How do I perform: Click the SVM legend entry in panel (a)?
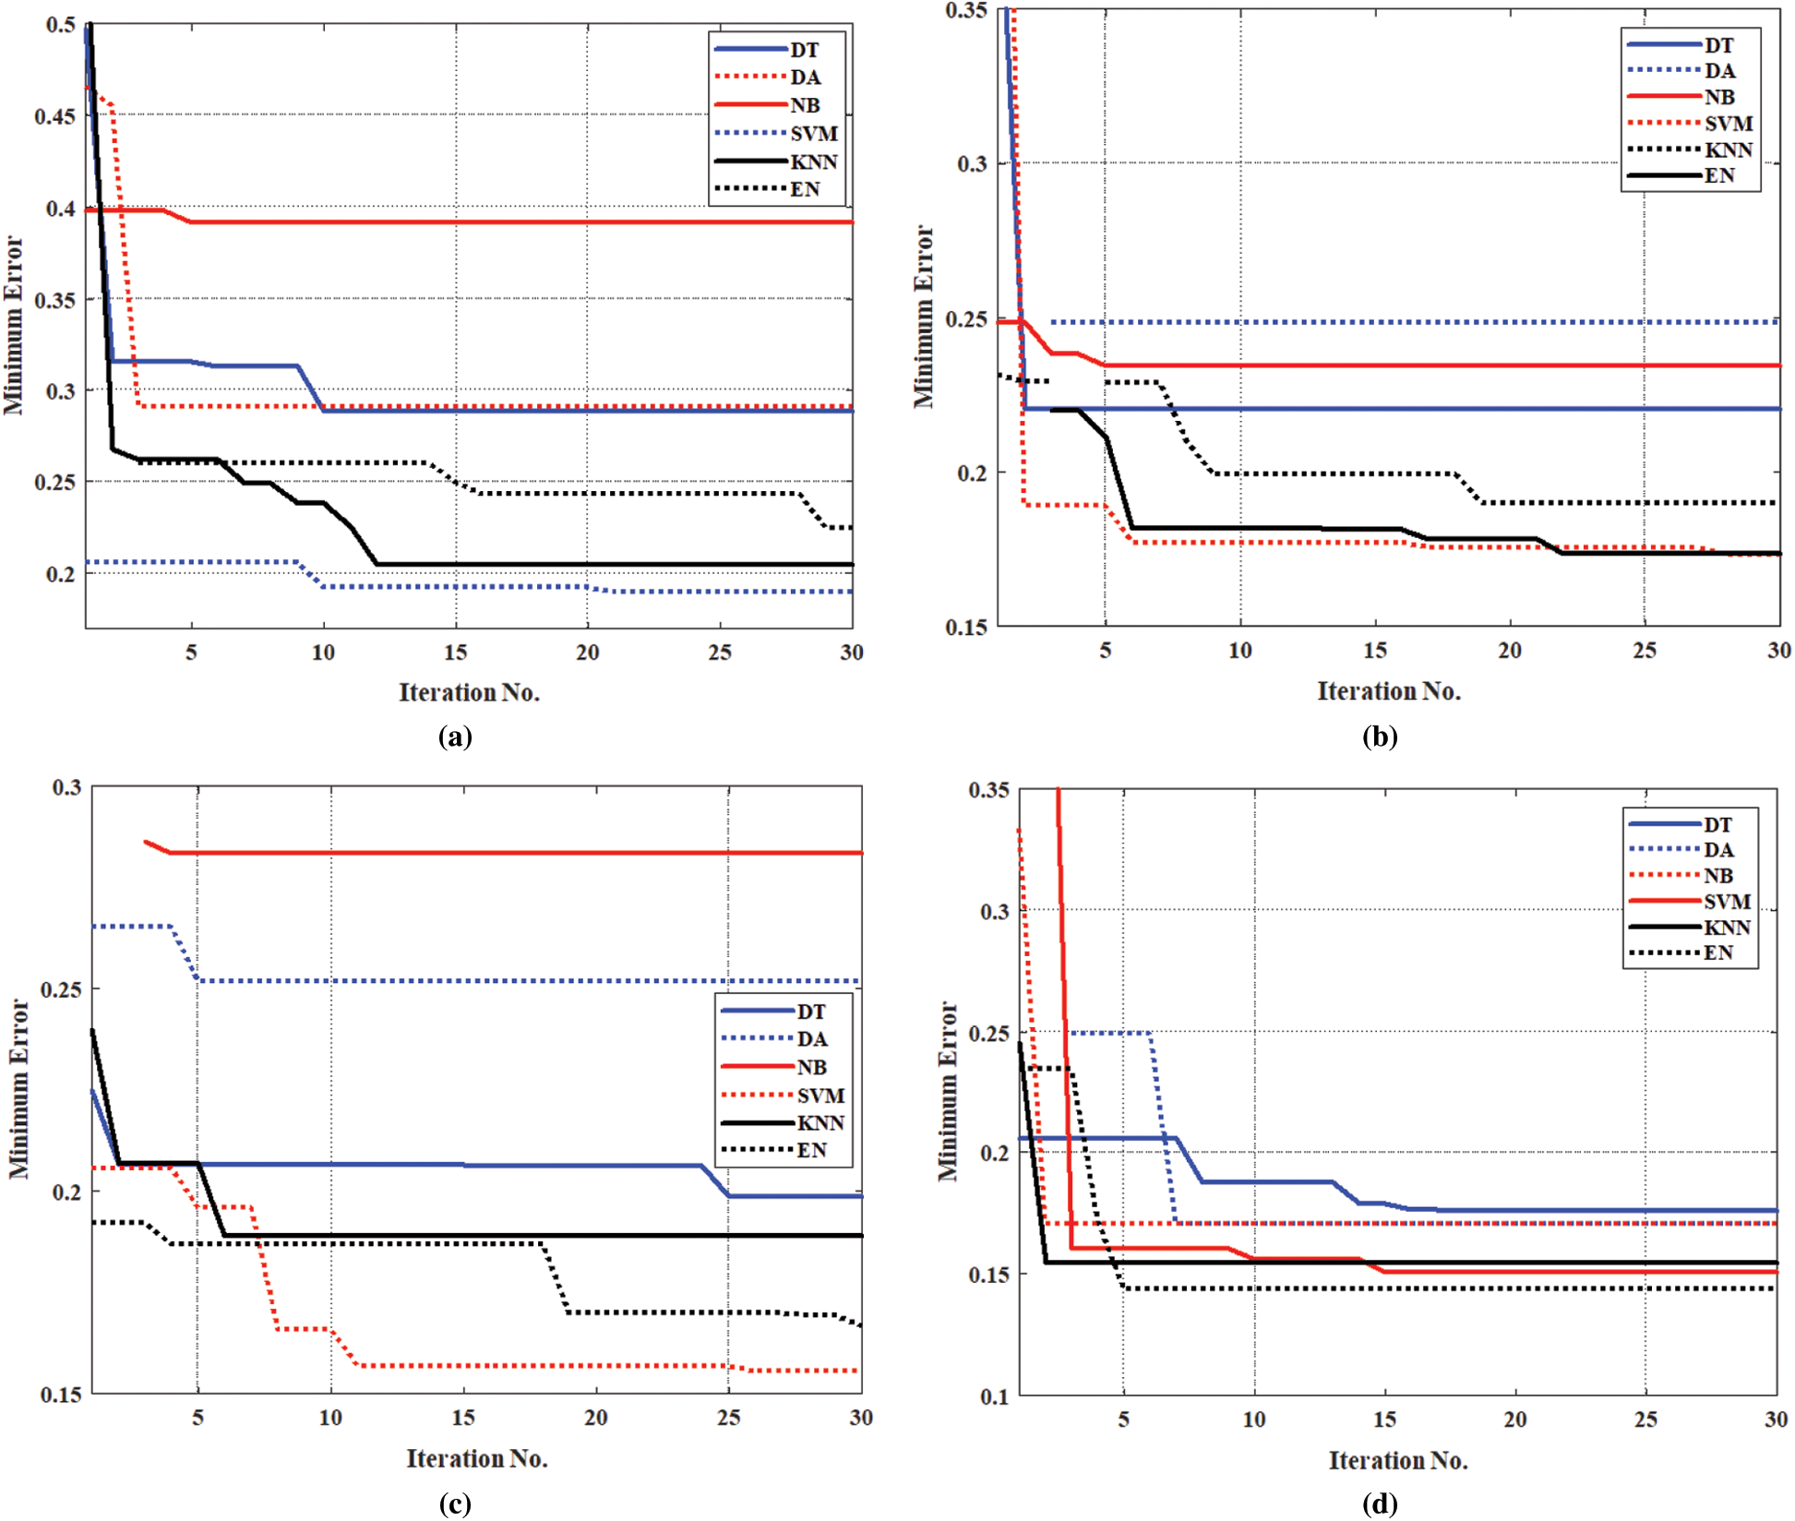coord(813,134)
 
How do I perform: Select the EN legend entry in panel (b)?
coord(1718,175)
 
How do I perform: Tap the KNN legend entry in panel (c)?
coord(820,1123)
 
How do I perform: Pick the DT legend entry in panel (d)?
coord(1717,824)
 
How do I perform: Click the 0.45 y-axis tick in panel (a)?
coord(55,116)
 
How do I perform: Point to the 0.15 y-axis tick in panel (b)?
coord(966,628)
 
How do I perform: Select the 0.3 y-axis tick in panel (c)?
coord(66,787)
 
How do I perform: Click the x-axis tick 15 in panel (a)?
coord(455,653)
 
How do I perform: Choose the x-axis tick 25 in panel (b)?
coord(1645,651)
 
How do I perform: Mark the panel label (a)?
coord(455,737)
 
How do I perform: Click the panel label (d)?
coord(1380,1504)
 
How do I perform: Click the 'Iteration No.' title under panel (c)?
coord(477,1458)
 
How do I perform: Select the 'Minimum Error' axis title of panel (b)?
coord(924,317)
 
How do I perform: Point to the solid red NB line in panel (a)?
coord(508,222)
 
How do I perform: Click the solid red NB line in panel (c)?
coord(508,853)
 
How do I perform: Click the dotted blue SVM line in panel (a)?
coord(461,586)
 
